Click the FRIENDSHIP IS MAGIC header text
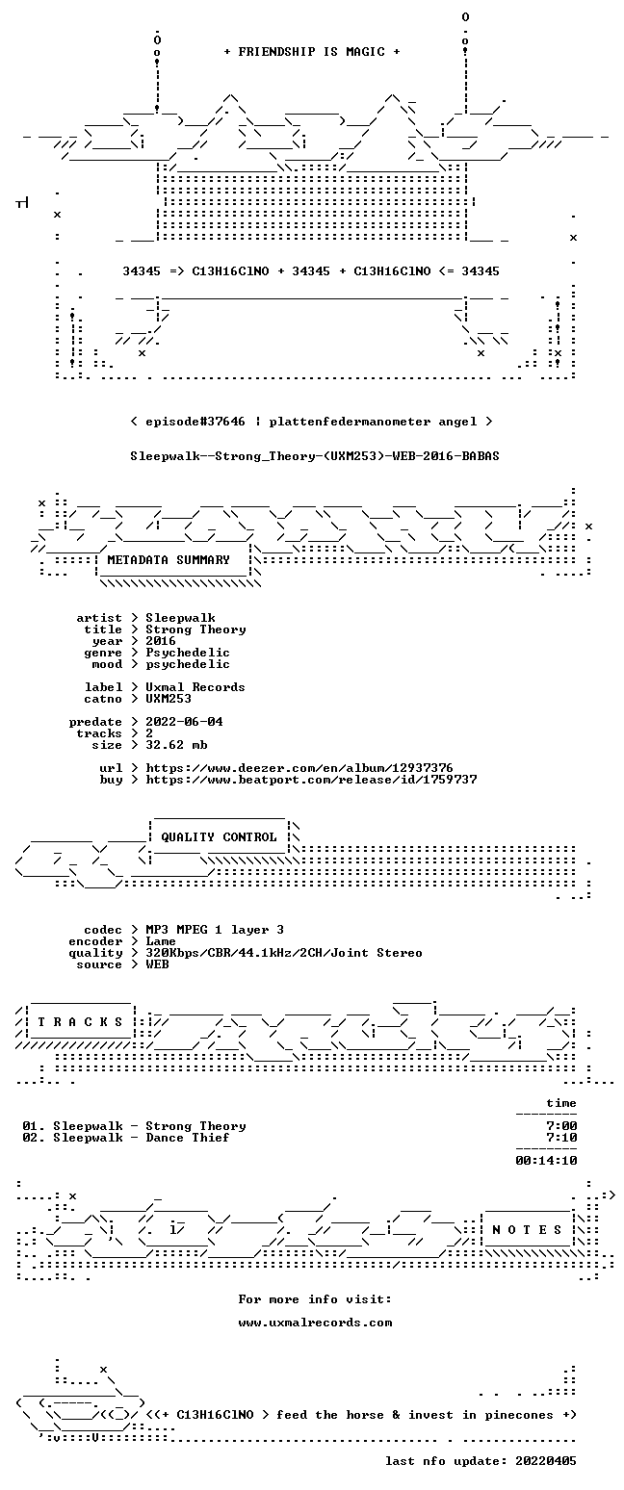[312, 52]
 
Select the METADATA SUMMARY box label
[169, 560]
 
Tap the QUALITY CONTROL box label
[219, 837]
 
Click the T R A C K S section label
[81, 1021]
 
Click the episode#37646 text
[195, 422]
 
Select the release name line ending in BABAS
[315, 456]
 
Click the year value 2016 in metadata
[161, 641]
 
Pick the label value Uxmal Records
[195, 687]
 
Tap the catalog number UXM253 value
[169, 699]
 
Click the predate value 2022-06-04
[184, 722]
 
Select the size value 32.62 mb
[176, 745]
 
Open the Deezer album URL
[299, 768]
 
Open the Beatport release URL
[311, 780]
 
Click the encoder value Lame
[161, 942]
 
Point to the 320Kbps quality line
[284, 953]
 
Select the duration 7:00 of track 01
[561, 1126]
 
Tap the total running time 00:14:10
[546, 1161]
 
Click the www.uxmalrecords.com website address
[315, 1323]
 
